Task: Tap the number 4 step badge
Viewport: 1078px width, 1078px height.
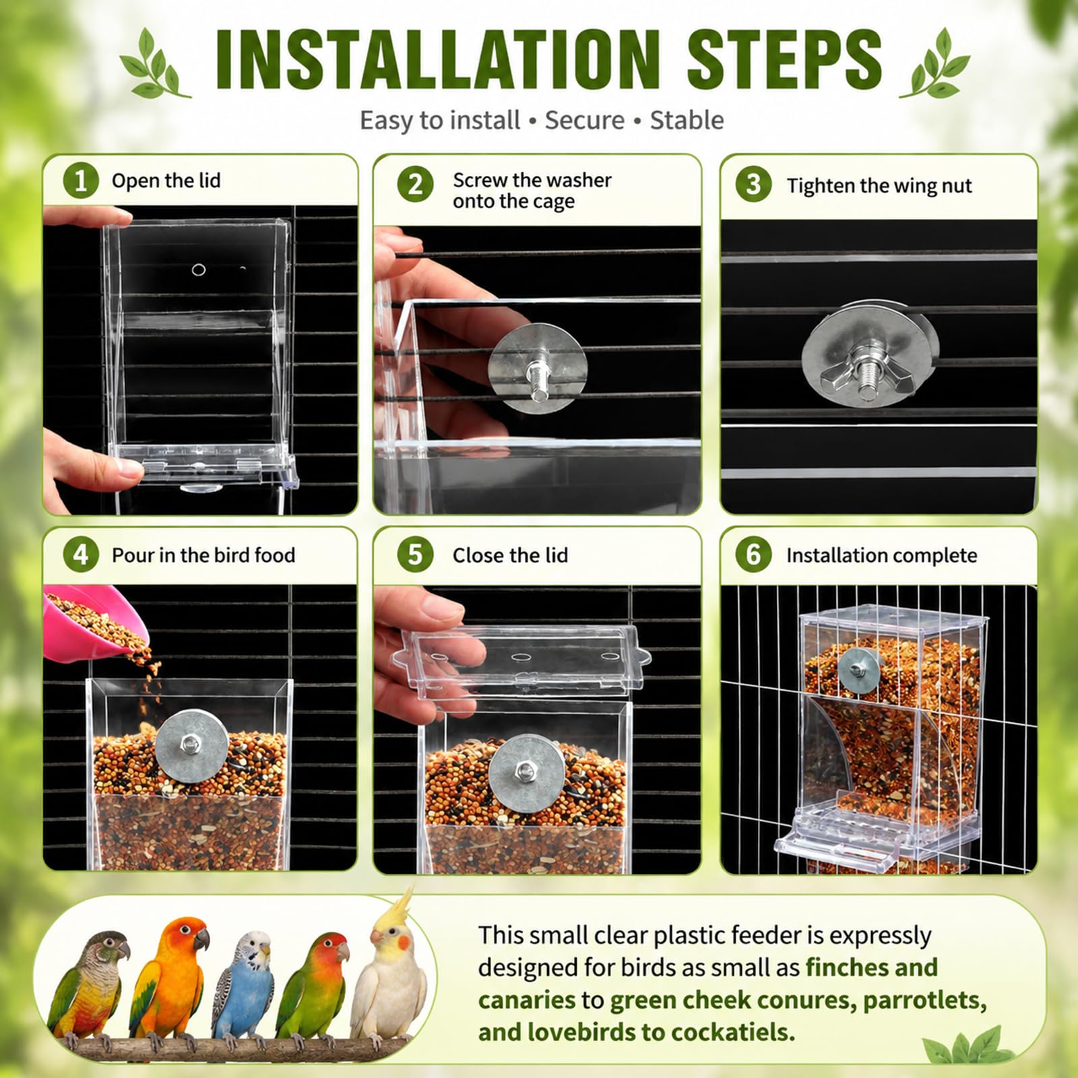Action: (81, 554)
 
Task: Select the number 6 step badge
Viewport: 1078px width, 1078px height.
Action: (753, 555)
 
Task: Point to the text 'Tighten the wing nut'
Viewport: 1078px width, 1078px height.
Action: (879, 186)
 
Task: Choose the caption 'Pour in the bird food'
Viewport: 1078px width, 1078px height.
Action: (203, 555)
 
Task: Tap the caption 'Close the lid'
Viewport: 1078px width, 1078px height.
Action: (510, 555)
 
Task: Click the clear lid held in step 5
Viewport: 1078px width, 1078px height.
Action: (522, 660)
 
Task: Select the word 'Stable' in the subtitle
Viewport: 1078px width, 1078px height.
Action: (687, 121)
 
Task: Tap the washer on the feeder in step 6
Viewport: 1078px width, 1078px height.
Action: (858, 670)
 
